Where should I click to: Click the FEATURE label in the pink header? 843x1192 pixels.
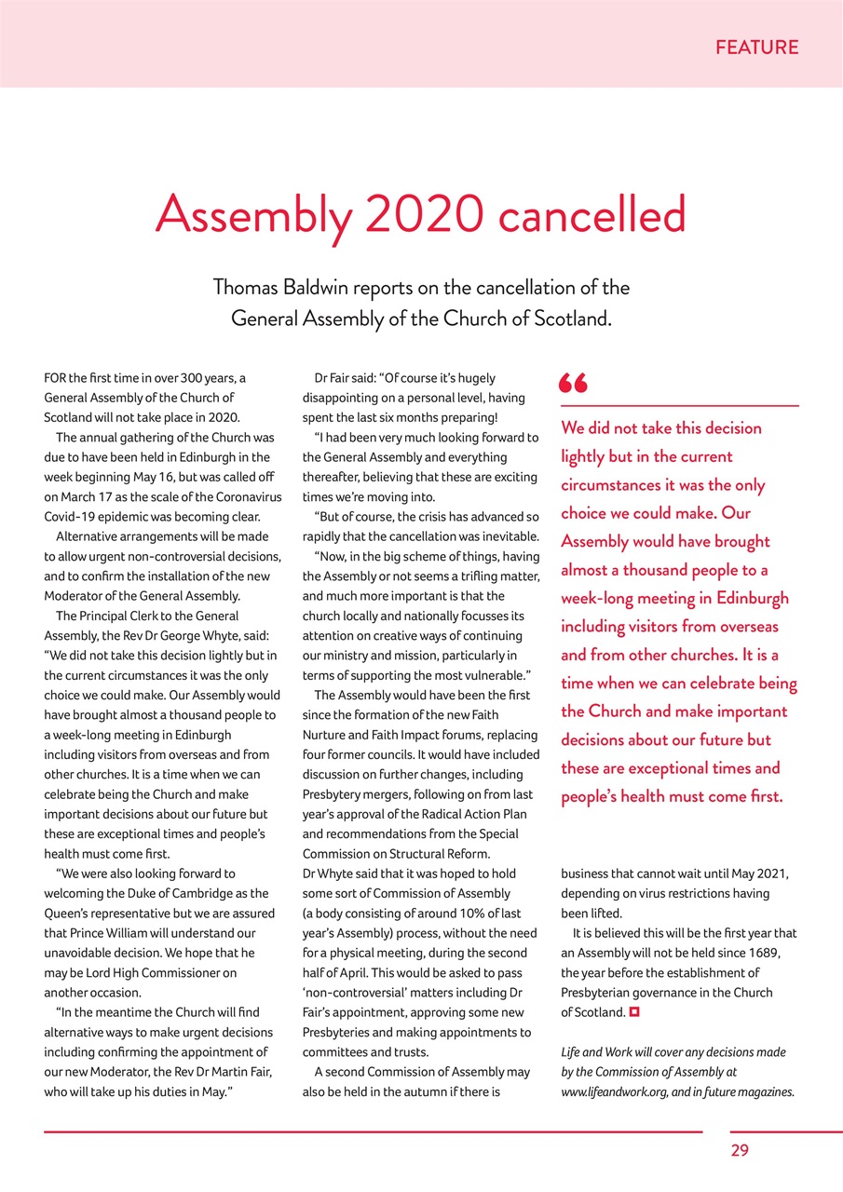click(x=756, y=47)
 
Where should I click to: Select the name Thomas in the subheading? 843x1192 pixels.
click(x=248, y=287)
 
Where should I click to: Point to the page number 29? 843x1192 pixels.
click(x=740, y=1150)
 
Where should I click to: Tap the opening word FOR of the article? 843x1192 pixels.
click(x=56, y=378)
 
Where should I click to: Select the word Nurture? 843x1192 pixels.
click(x=325, y=736)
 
